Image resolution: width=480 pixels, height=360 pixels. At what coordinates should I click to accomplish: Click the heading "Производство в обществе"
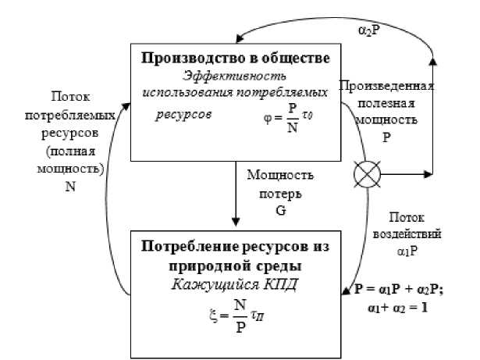[231, 57]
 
